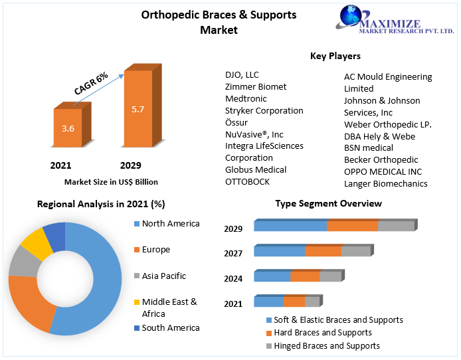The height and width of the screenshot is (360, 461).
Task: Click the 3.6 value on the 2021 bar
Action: pyautogui.click(x=68, y=129)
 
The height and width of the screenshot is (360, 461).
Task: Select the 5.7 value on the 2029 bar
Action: pyautogui.click(x=138, y=109)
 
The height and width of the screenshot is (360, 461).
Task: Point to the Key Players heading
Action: pyautogui.click(x=335, y=56)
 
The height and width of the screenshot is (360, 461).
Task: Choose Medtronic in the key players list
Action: pyautogui.click(x=246, y=98)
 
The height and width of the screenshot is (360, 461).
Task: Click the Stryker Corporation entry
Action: pyautogui.click(x=264, y=110)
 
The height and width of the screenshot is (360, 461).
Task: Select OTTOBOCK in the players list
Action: pyautogui.click(x=247, y=181)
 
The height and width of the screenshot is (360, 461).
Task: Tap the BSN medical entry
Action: pyautogui.click(x=368, y=147)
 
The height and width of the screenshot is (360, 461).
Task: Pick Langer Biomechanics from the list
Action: pyautogui.click(x=385, y=183)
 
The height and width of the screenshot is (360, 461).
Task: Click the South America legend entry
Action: pyautogui.click(x=170, y=327)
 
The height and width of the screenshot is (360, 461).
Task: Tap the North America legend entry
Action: pyautogui.click(x=170, y=223)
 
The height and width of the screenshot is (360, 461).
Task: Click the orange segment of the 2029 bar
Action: pyautogui.click(x=352, y=226)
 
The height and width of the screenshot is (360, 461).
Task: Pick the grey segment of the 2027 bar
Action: pyautogui.click(x=355, y=251)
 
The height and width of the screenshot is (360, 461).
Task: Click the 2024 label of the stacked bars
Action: pyautogui.click(x=232, y=279)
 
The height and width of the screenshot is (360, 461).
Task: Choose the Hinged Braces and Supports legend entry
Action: pyautogui.click(x=327, y=345)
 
